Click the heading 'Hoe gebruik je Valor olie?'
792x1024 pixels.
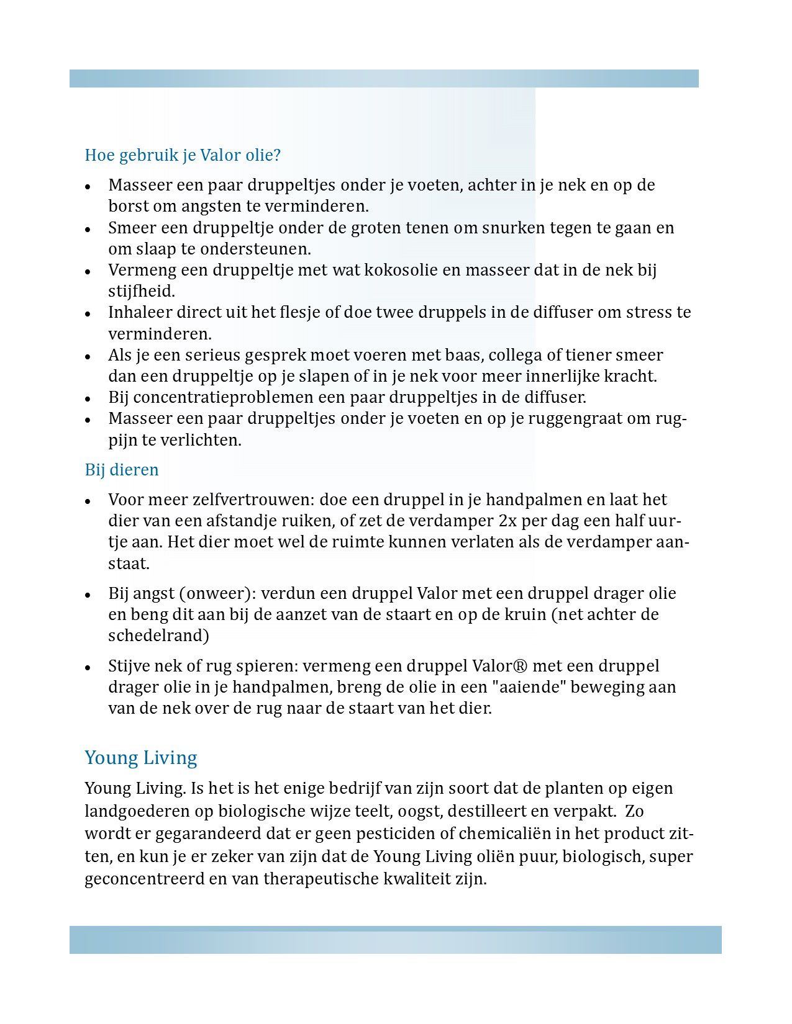[183, 155]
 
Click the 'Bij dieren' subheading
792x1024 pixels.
[122, 470]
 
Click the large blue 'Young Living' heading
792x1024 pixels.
[141, 758]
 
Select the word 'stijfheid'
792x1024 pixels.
[142, 292]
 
